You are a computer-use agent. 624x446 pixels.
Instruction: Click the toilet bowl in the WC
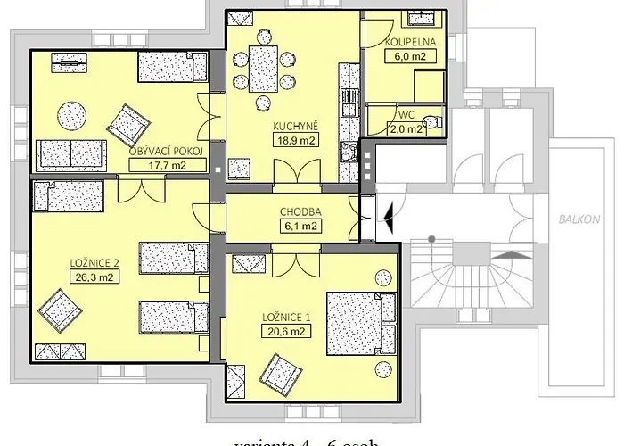[433, 123]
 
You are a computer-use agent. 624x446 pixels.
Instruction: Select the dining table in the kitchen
[263, 68]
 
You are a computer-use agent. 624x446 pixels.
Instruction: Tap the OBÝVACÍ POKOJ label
[167, 152]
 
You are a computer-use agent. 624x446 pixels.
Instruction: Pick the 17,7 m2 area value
[167, 165]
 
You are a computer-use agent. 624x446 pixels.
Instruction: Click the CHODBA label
[299, 212]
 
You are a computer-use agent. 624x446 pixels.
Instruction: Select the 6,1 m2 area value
[299, 227]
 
